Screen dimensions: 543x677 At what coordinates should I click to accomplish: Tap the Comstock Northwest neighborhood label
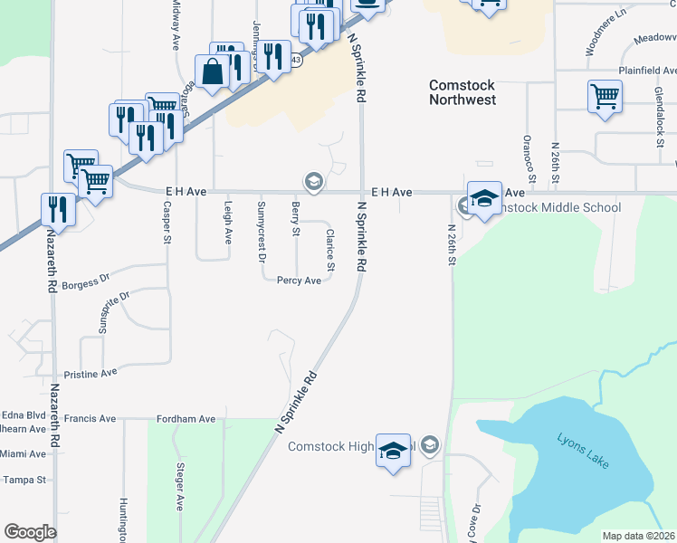(462, 92)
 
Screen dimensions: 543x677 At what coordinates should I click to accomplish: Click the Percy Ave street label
(299, 281)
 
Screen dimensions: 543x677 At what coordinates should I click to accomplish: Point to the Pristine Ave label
(91, 373)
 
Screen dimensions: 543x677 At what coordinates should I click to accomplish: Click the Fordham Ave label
(186, 419)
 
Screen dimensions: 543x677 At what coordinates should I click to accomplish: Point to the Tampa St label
(24, 480)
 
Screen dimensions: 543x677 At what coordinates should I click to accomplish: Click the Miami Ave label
(24, 453)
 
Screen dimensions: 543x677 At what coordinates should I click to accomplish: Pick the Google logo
(30, 532)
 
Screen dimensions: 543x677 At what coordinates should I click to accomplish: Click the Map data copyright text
(639, 536)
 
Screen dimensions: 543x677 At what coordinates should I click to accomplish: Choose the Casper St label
(167, 222)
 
